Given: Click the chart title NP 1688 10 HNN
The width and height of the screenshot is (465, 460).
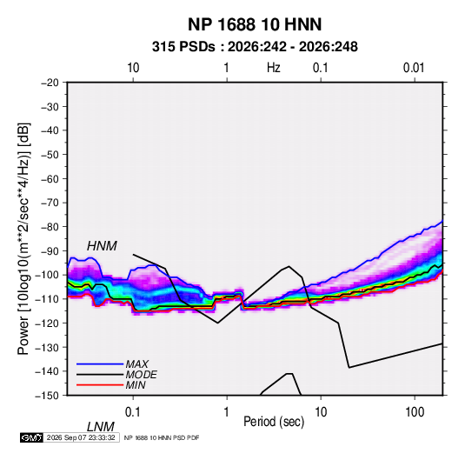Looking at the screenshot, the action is pos(255,24).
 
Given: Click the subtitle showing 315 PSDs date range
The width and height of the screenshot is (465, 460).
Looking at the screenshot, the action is pos(255,47).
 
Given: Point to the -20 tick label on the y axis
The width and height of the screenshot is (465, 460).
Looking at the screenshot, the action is pos(50,83).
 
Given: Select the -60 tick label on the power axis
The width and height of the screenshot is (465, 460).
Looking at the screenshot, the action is pos(50,179).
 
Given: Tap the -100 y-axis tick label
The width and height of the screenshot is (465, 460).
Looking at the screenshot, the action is pos(47,275).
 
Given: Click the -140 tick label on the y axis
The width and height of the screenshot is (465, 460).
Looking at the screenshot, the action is pos(47,371).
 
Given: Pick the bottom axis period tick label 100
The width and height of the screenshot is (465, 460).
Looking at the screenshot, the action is pos(415,412).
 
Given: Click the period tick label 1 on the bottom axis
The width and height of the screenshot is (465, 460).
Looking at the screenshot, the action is pos(227,412).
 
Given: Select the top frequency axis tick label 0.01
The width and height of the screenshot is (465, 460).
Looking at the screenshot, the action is pos(414,68).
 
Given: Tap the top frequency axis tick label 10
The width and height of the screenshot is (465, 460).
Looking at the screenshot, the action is pos(133,68).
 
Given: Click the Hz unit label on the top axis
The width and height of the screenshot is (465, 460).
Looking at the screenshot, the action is pos(274,68).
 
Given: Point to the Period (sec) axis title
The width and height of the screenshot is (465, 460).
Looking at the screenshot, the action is pos(274,422).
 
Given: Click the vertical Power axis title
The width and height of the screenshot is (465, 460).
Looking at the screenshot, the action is pos(23,239).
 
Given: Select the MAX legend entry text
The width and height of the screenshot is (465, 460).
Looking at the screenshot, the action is pos(137,364).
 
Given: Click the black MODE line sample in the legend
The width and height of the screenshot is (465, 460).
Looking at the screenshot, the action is pos(100,375).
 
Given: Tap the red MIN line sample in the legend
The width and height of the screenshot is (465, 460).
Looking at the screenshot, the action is pos(100,385).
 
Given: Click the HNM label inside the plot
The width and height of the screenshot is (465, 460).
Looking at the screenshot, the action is pos(102,246).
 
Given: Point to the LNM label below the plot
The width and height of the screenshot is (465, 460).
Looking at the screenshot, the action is pos(101,427).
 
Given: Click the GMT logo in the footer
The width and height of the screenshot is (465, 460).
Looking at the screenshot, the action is pos(32,437).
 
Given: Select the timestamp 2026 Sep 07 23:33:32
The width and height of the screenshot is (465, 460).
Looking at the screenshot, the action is pos(81,437).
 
